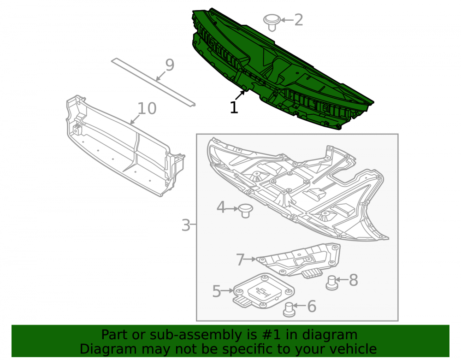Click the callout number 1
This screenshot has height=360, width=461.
pos(234,107)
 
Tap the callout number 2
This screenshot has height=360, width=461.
pos(298,20)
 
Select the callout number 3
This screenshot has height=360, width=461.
pos(186,225)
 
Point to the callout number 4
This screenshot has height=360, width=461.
pos(221,207)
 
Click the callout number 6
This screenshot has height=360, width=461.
pos(312,306)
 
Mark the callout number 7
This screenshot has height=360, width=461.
pos(240,260)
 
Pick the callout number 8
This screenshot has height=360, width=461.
pos(354,280)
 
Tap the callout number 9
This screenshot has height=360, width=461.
pos(170,65)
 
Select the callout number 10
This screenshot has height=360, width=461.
pos(147,108)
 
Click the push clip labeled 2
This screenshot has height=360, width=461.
pos(272,22)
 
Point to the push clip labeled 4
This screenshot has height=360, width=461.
pos(245,211)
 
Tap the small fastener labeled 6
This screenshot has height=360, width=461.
pos(289,309)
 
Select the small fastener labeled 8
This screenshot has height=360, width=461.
pos(332,283)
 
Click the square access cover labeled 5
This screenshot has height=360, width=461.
pos(264,291)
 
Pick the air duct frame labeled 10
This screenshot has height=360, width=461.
pos(125,146)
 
